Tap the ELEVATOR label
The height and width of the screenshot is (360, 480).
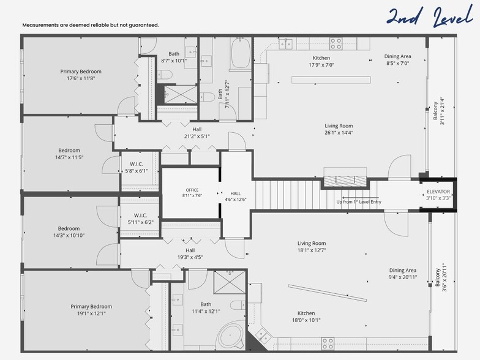tap(438, 195)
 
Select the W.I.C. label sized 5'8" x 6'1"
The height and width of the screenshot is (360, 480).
tap(136, 168)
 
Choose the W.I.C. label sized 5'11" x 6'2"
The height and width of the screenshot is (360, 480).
tap(140, 219)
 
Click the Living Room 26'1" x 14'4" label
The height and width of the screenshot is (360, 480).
tap(339, 129)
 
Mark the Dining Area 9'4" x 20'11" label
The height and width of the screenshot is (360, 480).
tap(402, 274)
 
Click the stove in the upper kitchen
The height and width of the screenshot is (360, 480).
tap(336, 43)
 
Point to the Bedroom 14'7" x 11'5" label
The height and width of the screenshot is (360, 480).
tap(69, 154)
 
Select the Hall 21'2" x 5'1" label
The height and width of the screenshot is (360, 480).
tap(197, 133)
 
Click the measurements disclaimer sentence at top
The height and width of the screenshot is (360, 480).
tap(91, 25)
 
